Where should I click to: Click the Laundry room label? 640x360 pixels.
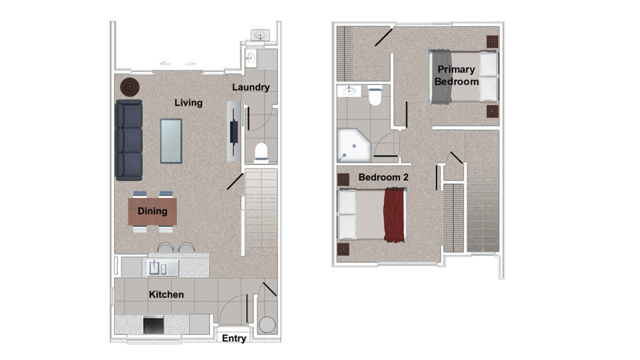pos(251,87)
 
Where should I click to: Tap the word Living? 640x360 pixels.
pos(188,102)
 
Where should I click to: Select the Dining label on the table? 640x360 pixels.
pos(152,211)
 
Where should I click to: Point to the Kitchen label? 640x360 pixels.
pos(166,294)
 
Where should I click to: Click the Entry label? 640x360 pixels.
pos(234,338)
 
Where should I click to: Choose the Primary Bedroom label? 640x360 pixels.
pos(456,76)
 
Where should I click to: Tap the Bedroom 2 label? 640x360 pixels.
pos(383,177)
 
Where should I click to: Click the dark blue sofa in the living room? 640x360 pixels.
pos(129,140)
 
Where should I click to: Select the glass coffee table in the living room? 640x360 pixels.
pos(171,141)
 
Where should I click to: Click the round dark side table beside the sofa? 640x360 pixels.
pos(130,87)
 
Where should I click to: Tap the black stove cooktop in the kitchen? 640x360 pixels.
pos(154,325)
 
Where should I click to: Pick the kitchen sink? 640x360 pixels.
pos(163,268)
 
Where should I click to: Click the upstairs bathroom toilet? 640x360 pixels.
pos(375,96)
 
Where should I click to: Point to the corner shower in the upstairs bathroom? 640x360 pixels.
pos(354,145)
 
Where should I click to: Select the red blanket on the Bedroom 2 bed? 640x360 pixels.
pos(394,215)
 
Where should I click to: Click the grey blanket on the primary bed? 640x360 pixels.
pos(441,76)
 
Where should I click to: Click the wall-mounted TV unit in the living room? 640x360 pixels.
pos(234,131)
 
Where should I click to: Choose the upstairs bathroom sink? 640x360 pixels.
pos(349,91)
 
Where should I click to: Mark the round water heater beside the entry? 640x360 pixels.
pos(267,325)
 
